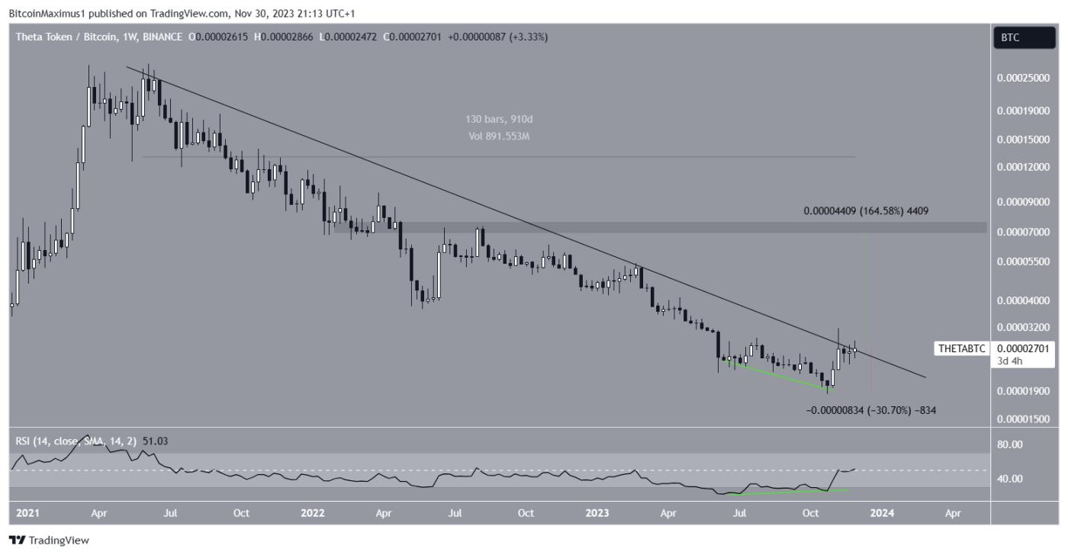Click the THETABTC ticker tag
[x=962, y=349]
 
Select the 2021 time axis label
[x=27, y=513]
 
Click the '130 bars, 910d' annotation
[x=498, y=120]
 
